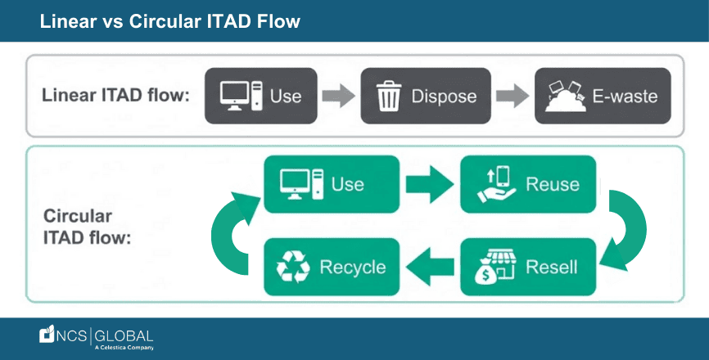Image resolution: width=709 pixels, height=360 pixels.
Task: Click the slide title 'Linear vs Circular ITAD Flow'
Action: [170, 21]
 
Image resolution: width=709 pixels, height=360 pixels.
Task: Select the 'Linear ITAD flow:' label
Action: [115, 96]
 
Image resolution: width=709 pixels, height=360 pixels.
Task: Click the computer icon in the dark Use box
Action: [242, 96]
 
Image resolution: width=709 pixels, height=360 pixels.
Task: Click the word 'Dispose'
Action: [444, 96]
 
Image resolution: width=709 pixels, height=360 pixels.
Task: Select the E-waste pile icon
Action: [563, 97]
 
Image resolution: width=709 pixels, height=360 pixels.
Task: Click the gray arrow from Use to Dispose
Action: [336, 96]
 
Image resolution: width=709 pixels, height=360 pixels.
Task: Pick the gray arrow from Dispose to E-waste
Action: [512, 96]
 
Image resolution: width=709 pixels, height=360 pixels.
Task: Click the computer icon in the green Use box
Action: [301, 183]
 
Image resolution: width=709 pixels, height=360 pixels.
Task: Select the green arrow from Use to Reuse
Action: [429, 183]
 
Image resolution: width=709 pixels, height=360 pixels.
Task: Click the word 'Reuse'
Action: [553, 184]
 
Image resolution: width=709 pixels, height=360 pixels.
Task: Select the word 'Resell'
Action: [552, 268]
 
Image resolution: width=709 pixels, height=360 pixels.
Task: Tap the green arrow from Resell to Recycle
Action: [429, 268]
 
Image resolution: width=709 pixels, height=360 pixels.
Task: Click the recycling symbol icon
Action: [291, 268]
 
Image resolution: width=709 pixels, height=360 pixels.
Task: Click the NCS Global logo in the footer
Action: [97, 337]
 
